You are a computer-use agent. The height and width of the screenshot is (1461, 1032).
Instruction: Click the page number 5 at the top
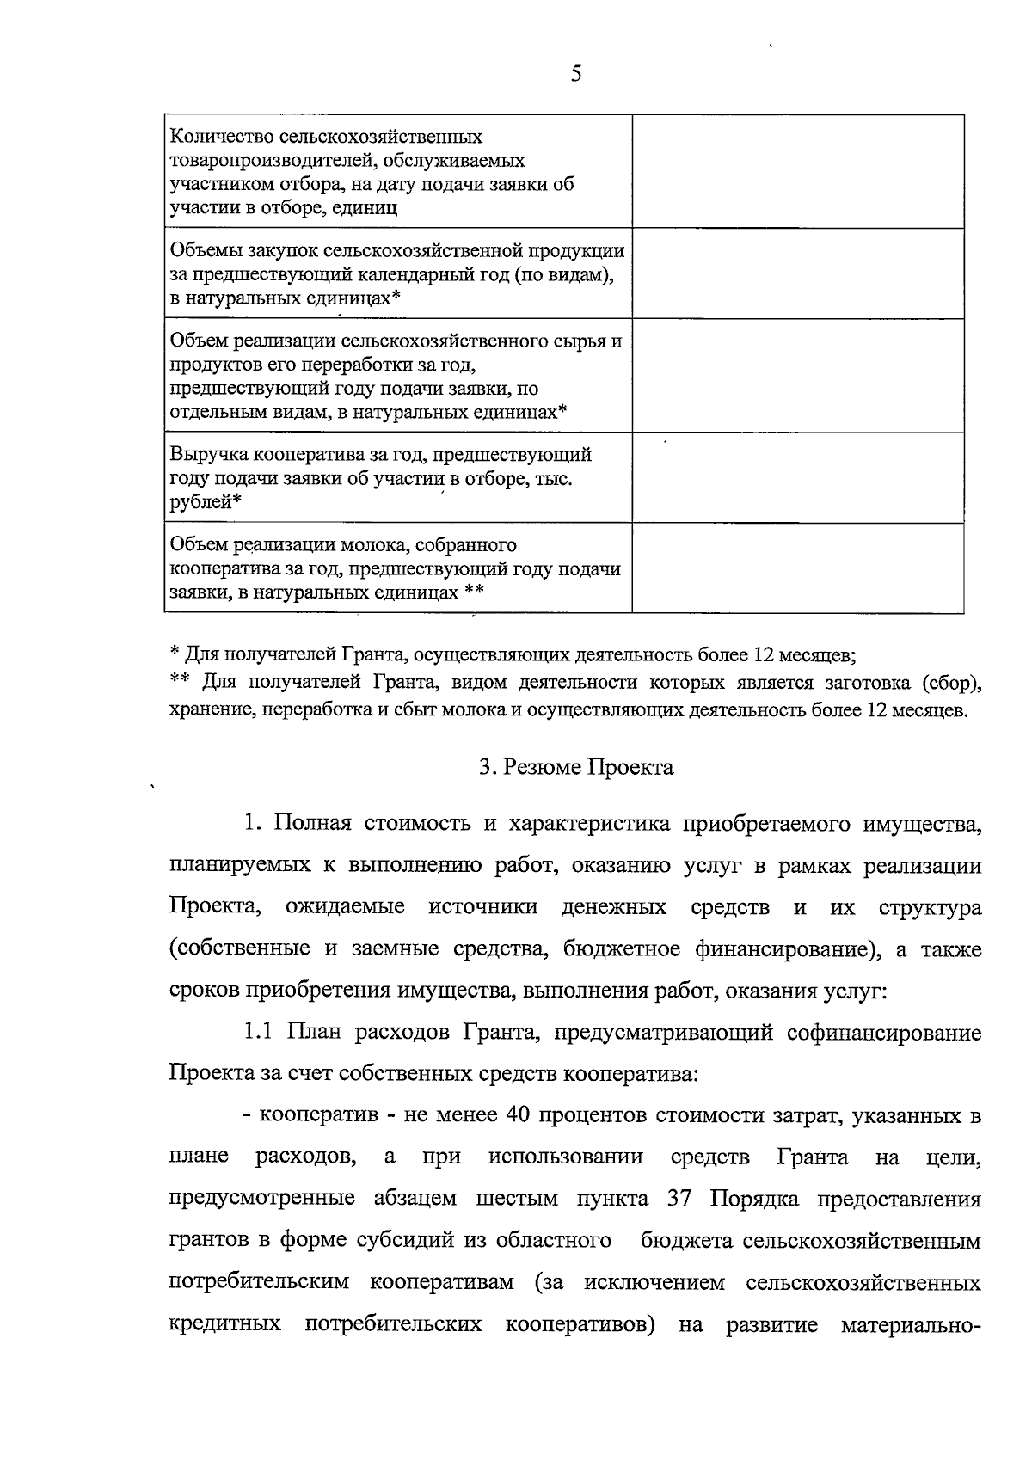click(575, 75)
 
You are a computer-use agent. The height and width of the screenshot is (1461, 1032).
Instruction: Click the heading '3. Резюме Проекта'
click(576, 767)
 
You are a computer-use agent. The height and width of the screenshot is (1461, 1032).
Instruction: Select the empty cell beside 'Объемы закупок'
click(797, 273)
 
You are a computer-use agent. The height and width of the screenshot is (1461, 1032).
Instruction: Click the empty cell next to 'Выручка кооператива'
click(797, 477)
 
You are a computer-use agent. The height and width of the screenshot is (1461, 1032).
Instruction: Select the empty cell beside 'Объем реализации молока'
click(797, 568)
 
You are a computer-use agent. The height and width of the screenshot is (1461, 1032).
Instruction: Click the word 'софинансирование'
click(884, 1032)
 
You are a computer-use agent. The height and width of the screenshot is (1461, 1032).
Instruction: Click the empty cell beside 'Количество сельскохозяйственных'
click(797, 171)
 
